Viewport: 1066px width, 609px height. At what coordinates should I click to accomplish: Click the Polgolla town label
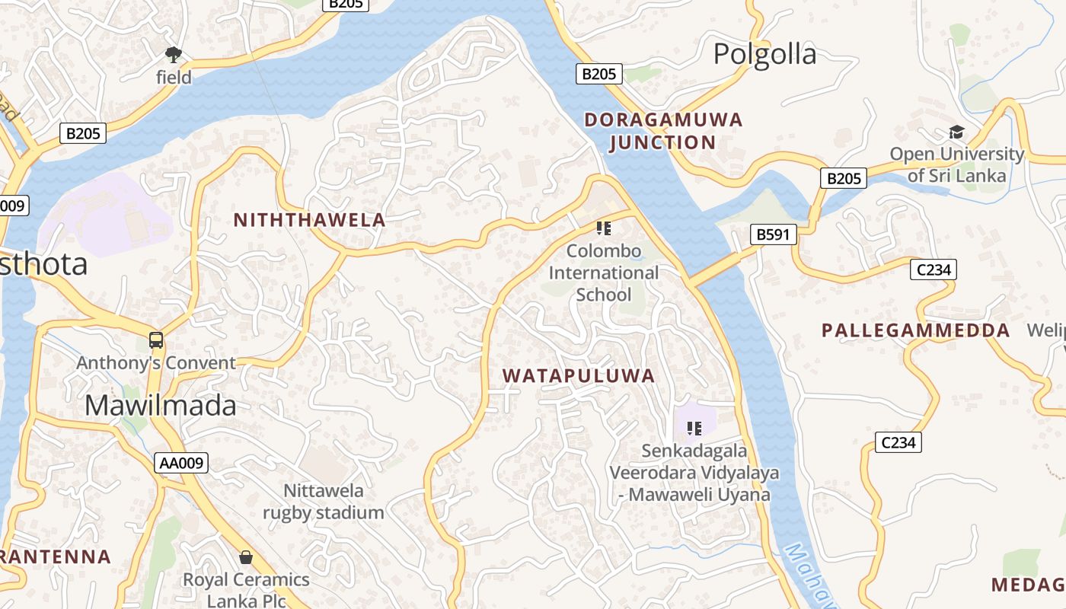764,54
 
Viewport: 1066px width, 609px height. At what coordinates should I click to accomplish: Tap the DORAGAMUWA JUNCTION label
662,131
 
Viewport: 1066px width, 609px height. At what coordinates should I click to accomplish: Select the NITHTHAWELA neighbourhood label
309,221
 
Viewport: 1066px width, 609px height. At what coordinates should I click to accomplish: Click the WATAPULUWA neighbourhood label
579,376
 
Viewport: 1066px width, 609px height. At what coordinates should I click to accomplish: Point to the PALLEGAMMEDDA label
915,331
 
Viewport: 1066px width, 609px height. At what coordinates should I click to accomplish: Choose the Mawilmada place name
161,406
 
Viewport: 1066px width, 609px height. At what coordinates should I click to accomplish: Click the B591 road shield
773,234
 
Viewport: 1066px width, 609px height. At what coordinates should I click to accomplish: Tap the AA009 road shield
182,463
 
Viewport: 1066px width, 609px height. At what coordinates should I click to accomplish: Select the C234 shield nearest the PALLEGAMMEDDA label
933,269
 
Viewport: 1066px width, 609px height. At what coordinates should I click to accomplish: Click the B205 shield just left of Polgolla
598,74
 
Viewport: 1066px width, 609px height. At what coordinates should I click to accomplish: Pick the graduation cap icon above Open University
956,132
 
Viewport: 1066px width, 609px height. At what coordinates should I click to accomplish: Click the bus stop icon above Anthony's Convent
156,340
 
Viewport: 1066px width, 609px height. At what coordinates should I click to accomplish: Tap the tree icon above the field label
174,54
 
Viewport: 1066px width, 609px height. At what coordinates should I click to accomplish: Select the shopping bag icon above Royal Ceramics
246,557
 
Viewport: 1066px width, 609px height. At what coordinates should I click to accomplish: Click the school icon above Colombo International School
604,228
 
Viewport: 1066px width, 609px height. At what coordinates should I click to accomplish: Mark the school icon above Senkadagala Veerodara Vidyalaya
694,428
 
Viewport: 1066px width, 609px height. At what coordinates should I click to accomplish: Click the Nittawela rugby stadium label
324,502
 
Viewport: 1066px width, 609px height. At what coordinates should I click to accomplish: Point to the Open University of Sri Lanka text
956,164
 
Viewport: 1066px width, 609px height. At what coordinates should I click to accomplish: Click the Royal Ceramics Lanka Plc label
246,591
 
